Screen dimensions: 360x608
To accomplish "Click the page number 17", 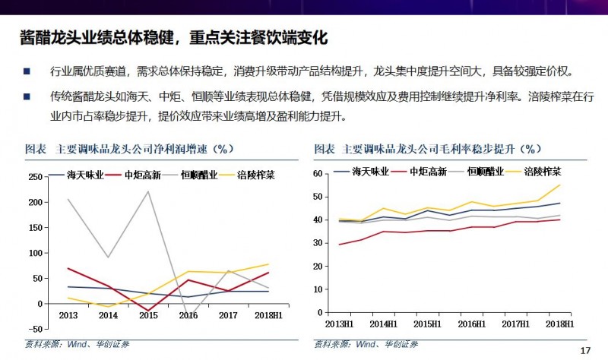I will [584, 350].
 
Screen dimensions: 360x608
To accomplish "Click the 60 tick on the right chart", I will [321, 174].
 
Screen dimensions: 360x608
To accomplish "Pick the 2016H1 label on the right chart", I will [472, 324].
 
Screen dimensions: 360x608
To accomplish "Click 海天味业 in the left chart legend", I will [84, 175].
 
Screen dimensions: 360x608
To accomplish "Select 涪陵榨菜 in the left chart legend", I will [255, 175].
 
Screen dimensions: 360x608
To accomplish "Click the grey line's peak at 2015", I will [147, 191].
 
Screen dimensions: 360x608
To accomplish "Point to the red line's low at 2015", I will [147, 310].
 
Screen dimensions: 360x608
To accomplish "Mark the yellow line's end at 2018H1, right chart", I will [560, 185].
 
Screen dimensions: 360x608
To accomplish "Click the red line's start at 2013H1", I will [339, 245].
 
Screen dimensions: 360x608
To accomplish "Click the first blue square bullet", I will [27, 72].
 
